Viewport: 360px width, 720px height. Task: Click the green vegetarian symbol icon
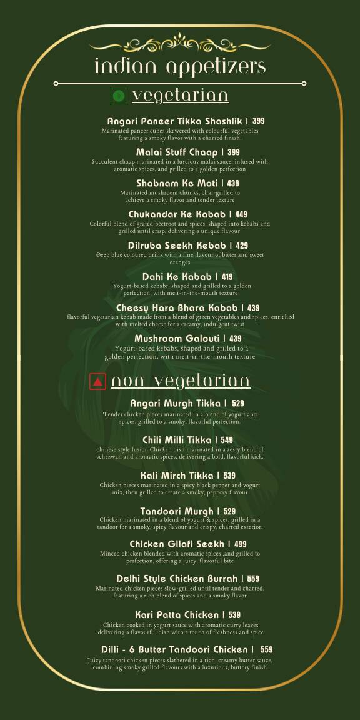(x=119, y=96)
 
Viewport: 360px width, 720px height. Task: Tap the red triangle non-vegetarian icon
(x=97, y=381)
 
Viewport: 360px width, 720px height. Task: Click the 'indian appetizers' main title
(x=180, y=66)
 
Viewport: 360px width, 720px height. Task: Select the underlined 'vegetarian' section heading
(x=180, y=96)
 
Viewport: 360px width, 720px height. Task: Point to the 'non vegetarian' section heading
(x=181, y=381)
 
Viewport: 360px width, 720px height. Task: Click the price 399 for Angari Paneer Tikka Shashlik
(x=259, y=121)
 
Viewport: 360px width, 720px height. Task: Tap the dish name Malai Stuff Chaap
(x=176, y=152)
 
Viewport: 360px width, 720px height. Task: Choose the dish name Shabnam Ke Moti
(x=176, y=183)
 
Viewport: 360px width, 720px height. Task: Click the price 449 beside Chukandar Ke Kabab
(x=241, y=214)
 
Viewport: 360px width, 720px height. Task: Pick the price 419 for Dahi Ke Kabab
(x=227, y=277)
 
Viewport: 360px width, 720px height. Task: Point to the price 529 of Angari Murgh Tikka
(x=237, y=404)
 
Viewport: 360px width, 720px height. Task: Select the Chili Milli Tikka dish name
(x=177, y=440)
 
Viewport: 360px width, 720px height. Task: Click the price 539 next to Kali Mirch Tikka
(x=229, y=476)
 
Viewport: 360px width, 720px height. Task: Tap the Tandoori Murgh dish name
(x=177, y=512)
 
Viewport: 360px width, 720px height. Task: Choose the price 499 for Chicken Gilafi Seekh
(x=240, y=544)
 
